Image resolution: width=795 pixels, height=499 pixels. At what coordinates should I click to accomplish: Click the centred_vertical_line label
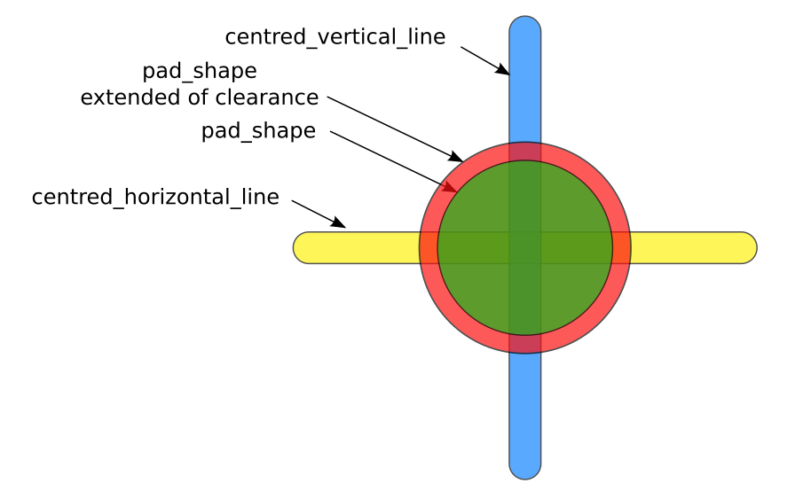pyautogui.click(x=335, y=36)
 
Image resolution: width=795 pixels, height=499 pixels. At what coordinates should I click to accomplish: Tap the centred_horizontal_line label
pyautogui.click(x=155, y=197)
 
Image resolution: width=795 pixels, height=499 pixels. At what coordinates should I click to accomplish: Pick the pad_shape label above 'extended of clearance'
pyautogui.click(x=200, y=71)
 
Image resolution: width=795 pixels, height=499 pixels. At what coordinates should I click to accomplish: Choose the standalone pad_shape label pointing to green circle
pyautogui.click(x=258, y=131)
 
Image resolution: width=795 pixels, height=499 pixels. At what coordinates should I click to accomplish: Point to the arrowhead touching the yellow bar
pyautogui.click(x=339, y=222)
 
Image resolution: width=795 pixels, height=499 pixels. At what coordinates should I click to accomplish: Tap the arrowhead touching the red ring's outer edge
pyautogui.click(x=456, y=158)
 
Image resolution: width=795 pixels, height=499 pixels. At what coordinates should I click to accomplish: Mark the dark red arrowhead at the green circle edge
pyautogui.click(x=453, y=188)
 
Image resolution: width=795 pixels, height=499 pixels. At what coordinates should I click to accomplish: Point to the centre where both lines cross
pyautogui.click(x=525, y=247)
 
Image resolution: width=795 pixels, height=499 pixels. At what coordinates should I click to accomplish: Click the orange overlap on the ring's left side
pyautogui.click(x=429, y=247)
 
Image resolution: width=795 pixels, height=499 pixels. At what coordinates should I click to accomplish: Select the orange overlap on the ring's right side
pyautogui.click(x=621, y=247)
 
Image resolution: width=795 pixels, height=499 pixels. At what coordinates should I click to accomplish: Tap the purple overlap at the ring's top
pyautogui.click(x=525, y=152)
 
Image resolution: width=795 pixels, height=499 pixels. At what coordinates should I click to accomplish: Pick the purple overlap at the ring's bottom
pyautogui.click(x=525, y=344)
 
